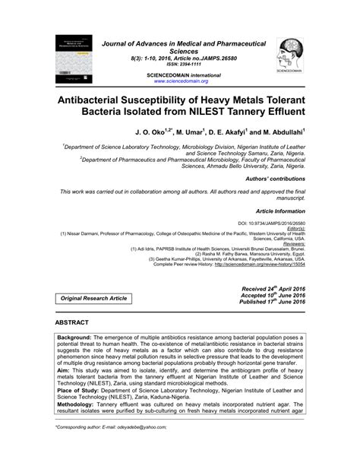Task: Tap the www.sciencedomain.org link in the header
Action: click(182, 81)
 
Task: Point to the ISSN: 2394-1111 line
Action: click(182, 65)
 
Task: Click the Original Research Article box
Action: click(89, 299)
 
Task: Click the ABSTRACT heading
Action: click(77, 323)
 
